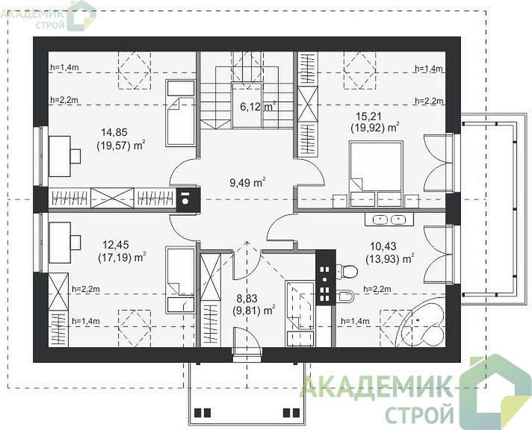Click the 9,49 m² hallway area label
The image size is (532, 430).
click(247, 183)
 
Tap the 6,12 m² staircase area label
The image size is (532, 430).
click(258, 107)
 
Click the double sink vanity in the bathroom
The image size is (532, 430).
click(389, 219)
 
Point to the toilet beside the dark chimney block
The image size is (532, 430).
click(347, 271)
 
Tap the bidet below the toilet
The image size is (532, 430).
click(345, 296)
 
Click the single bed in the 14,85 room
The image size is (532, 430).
click(181, 113)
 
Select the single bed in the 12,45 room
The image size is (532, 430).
click(181, 280)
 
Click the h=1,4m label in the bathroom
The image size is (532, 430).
click(355, 321)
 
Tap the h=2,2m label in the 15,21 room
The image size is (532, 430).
click(429, 101)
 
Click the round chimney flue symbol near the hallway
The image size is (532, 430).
click(185, 201)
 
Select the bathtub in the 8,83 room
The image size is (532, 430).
click(300, 314)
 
